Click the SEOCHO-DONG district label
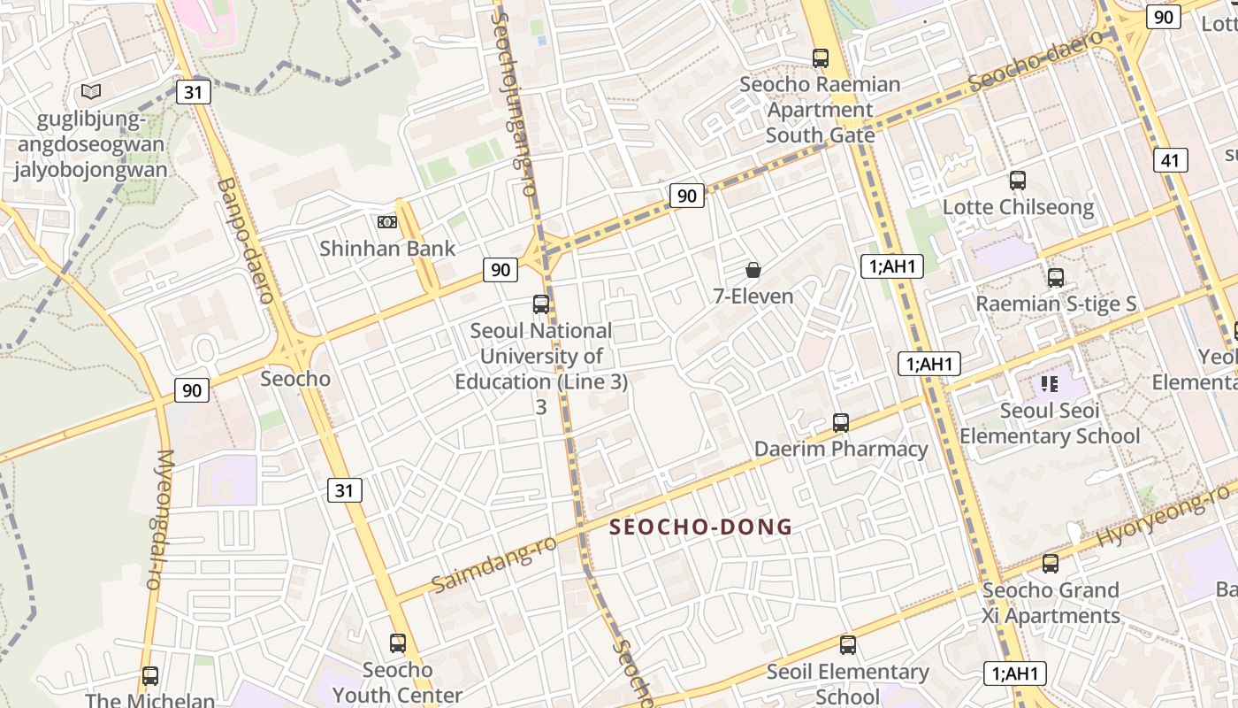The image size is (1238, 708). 700,527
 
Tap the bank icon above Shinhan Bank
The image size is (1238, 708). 386,222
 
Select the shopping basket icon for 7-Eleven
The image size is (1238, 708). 753,270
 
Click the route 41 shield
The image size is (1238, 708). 1170,160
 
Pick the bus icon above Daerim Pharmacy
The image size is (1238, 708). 841,423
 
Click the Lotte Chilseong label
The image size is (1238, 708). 1018,207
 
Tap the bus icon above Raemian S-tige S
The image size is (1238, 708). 1055,278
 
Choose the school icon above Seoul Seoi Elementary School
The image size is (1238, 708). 1050,384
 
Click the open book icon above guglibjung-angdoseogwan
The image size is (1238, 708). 90,91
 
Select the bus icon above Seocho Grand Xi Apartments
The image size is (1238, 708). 1051,564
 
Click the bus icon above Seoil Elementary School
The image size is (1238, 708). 848,645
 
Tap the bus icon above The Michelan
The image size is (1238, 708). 150,676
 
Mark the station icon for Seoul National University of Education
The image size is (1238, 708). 541,304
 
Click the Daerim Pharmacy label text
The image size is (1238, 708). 841,449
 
